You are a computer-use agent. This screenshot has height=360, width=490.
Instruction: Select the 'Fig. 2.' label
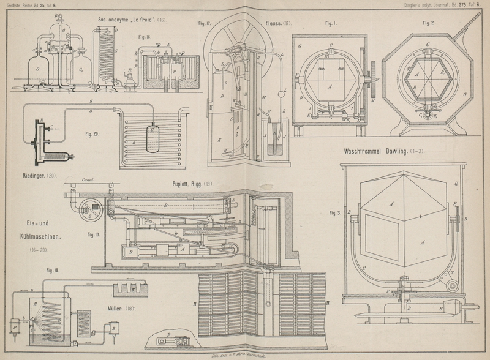click(429, 23)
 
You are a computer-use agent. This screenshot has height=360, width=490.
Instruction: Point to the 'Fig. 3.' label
click(334, 213)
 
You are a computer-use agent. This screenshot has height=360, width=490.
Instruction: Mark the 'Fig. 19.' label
click(94, 234)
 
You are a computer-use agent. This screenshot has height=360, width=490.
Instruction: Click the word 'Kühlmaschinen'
click(36, 235)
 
